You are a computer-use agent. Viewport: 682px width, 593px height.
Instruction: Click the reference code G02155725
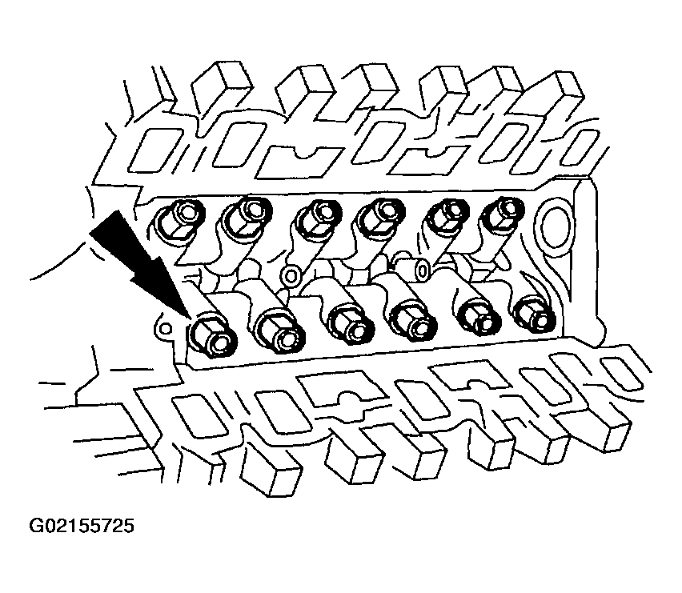pyautogui.click(x=82, y=526)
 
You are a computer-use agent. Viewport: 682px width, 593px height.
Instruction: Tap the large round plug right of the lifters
pyautogui.click(x=555, y=226)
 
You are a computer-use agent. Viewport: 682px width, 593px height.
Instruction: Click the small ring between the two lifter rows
pyautogui.click(x=290, y=276)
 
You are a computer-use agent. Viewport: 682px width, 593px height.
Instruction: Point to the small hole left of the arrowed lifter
pyautogui.click(x=165, y=328)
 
